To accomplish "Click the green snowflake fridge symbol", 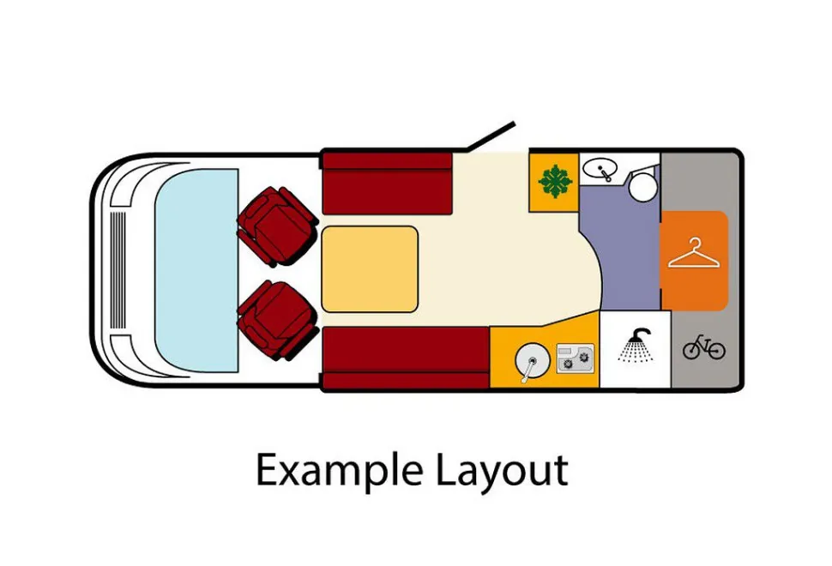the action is click(555, 182).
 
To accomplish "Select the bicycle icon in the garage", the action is click(703, 347).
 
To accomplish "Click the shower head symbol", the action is click(635, 346).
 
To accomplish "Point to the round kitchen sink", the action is click(532, 361).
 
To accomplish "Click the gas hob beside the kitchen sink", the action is click(576, 358).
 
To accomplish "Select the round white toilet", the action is click(643, 185).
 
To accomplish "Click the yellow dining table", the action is click(370, 269).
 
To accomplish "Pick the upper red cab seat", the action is click(276, 226).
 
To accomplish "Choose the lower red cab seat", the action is click(276, 320).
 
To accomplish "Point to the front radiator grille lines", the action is click(118, 270).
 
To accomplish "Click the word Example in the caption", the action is click(340, 471).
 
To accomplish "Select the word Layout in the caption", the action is click(502, 471).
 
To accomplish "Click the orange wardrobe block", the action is click(694, 261).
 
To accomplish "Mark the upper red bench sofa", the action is click(388, 184).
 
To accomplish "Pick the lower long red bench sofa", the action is click(406, 358).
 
